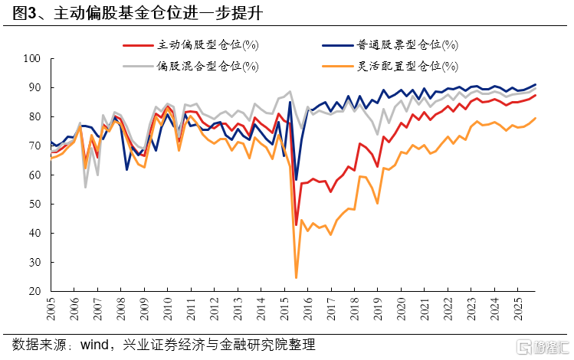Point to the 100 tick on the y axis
(33, 58)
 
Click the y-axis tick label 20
(36, 292)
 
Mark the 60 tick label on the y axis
(36, 175)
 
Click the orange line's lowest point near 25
(296, 277)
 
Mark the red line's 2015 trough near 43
(296, 225)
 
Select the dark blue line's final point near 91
(536, 84)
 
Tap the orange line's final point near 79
(536, 118)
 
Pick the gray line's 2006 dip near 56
(85, 187)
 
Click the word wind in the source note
(97, 344)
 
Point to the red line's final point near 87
(536, 95)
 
